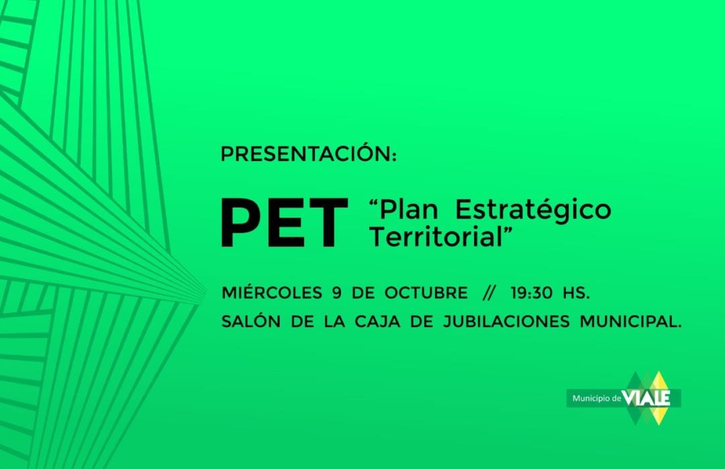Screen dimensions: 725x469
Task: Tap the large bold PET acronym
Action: [x=284, y=223]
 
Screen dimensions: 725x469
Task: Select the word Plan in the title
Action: [x=409, y=209]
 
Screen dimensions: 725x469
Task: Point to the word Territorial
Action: [x=436, y=237]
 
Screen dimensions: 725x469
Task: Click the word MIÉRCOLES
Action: [x=272, y=292]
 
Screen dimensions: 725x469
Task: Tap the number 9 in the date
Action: [x=336, y=293]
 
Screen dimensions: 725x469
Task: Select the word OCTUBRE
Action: [x=426, y=293]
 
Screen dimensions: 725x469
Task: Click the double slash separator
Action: [x=489, y=293]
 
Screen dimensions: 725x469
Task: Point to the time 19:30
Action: [x=532, y=293]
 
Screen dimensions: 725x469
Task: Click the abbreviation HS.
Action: [x=576, y=293]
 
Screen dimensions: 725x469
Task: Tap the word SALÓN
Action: [x=251, y=321]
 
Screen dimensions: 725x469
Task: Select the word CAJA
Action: [x=377, y=321]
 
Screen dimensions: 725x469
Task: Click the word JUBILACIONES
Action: [x=506, y=321]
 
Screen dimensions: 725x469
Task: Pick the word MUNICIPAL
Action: [x=630, y=321]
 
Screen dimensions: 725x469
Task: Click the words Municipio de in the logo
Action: [x=597, y=398]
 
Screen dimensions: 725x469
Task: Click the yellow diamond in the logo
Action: [x=659, y=398]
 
